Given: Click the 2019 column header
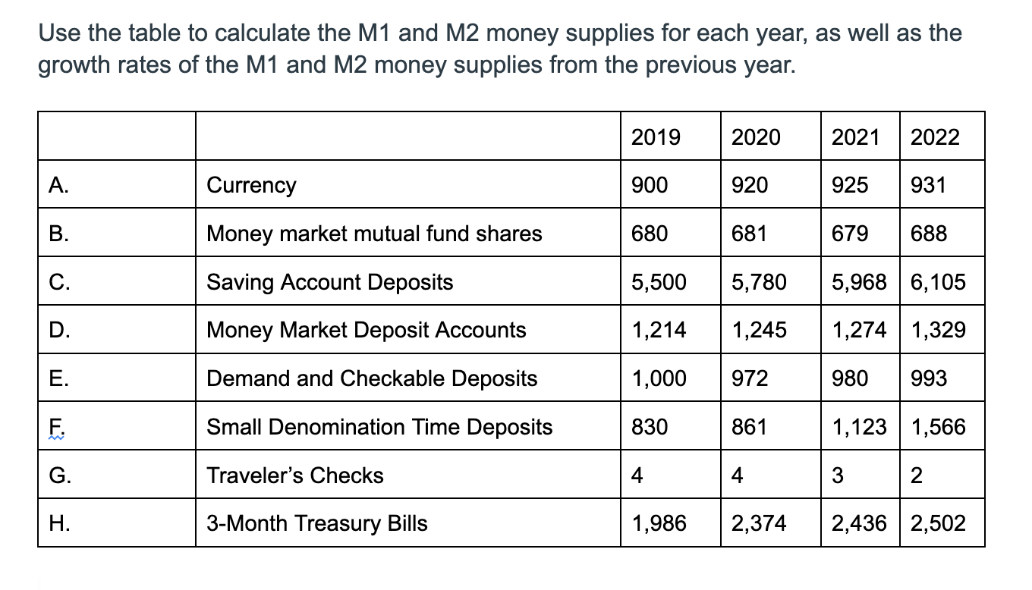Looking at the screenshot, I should click(x=656, y=137).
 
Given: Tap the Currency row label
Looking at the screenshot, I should click(x=251, y=185).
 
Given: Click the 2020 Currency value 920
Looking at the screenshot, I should click(x=749, y=185).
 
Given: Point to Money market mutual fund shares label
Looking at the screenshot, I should click(x=374, y=234).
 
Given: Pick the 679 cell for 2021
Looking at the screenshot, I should click(x=850, y=234).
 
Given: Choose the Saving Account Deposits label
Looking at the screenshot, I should click(x=329, y=282).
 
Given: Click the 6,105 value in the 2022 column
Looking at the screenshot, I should click(x=938, y=282).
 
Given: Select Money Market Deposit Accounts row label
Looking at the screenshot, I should click(x=366, y=330).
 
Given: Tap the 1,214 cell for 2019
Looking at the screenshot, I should click(x=659, y=330).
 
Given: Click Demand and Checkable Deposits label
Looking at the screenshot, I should click(x=372, y=378).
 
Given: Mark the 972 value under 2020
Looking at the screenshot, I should click(x=749, y=378).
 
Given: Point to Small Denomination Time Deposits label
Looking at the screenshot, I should click(x=379, y=427).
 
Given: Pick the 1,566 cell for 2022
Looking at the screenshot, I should click(x=938, y=427).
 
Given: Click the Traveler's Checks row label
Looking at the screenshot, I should click(x=295, y=475).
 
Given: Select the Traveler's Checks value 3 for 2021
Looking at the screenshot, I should click(x=838, y=475).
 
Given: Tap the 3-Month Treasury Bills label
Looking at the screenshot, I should click(x=316, y=523).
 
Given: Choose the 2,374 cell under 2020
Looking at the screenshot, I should click(x=759, y=523).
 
